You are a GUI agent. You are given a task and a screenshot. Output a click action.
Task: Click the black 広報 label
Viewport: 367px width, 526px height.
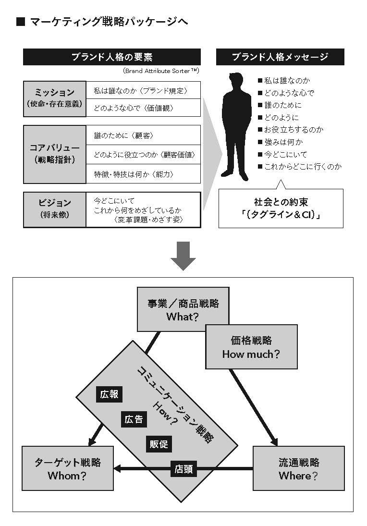(109, 394)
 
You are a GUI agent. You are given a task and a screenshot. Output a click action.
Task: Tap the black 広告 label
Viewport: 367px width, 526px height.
(134, 419)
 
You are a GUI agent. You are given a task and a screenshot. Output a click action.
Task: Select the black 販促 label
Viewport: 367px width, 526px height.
(159, 444)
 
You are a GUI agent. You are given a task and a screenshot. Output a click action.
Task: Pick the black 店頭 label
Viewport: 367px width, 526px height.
(183, 469)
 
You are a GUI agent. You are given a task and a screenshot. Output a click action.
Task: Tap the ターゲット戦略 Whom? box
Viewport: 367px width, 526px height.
(67, 468)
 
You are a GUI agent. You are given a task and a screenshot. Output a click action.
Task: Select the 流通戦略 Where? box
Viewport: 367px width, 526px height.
(298, 468)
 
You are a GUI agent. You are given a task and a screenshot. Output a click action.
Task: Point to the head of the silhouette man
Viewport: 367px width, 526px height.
(236, 81)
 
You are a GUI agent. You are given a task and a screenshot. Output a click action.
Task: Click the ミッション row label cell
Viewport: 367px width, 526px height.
(54, 98)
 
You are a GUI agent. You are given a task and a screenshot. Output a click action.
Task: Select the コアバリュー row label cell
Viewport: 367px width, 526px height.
(54, 154)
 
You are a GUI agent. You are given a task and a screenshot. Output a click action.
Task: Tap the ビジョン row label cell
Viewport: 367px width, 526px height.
(54, 209)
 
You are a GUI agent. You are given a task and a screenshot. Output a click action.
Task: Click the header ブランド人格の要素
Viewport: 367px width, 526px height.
(112, 57)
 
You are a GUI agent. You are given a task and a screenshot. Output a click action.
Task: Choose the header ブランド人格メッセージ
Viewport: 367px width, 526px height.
(280, 57)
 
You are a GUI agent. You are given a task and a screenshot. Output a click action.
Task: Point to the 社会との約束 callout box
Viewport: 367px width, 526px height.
(281, 208)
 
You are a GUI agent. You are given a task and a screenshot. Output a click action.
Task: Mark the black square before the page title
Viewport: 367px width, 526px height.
(21, 22)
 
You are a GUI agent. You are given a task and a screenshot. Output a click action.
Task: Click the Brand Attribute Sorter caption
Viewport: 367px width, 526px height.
(161, 71)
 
